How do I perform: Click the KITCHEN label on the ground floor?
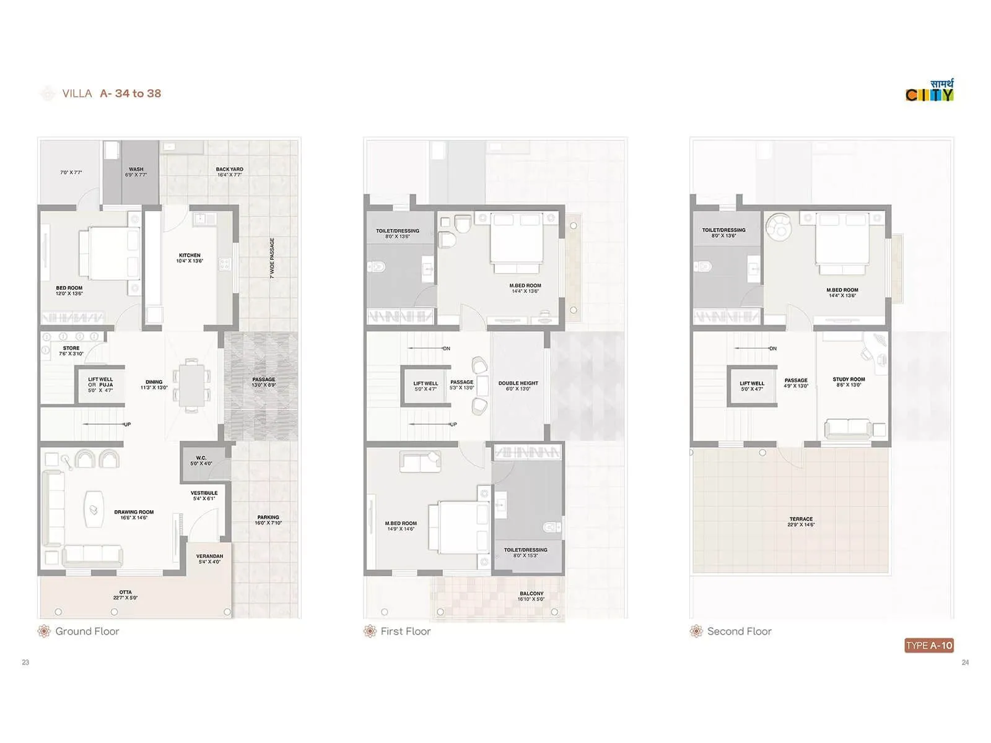click(190, 258)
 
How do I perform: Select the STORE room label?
click(71, 350)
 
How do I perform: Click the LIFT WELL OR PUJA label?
click(100, 385)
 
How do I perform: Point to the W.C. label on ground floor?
click(201, 460)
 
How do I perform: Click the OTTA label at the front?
click(125, 594)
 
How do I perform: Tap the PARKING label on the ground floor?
click(268, 519)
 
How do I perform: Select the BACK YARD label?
click(229, 172)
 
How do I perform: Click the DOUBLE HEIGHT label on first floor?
click(518, 385)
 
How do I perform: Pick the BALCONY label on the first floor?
click(531, 596)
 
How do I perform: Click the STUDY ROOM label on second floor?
click(849, 381)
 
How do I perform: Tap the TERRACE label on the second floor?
click(801, 521)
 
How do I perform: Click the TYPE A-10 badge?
click(928, 645)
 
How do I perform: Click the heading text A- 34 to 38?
click(131, 93)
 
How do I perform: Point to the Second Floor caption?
click(739, 631)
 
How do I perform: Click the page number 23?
click(25, 662)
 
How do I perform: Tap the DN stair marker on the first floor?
click(446, 349)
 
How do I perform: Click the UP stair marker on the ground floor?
click(127, 424)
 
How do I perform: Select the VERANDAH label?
click(209, 558)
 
